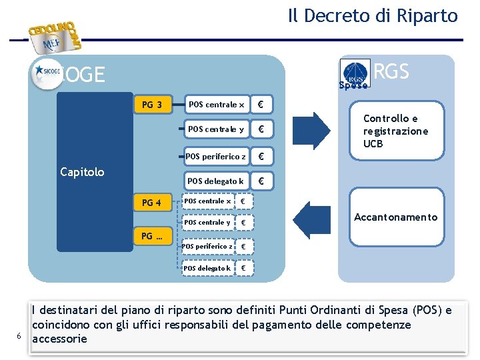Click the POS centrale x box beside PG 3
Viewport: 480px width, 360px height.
pyautogui.click(x=217, y=105)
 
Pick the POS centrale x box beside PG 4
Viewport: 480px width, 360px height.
pyautogui.click(x=208, y=201)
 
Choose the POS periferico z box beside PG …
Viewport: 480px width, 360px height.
pyautogui.click(x=207, y=246)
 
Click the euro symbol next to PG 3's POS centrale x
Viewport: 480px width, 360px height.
pyautogui.click(x=261, y=105)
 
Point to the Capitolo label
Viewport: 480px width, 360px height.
pyautogui.click(x=82, y=172)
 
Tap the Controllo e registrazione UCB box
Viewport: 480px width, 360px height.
pyautogui.click(x=396, y=131)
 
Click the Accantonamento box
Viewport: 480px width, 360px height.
pyautogui.click(x=396, y=217)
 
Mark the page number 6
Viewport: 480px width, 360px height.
pyautogui.click(x=20, y=335)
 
